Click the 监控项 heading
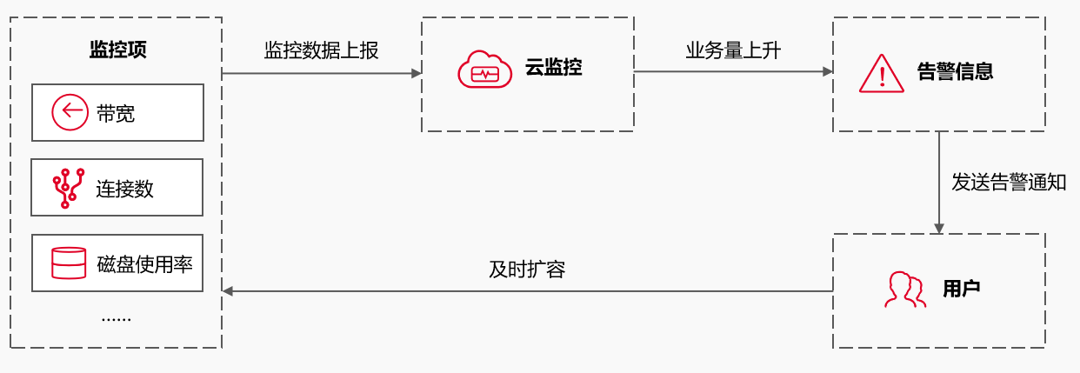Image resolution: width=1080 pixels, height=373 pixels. tap(117, 50)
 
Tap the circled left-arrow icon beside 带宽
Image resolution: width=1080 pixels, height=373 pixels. tap(70, 112)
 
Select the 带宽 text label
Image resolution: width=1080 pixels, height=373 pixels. tap(116, 113)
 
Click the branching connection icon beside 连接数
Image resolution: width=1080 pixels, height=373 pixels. tap(69, 188)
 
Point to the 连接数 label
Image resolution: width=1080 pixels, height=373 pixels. tap(124, 189)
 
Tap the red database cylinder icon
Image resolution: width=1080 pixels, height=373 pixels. tap(69, 263)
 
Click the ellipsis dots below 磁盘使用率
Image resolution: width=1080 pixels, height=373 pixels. tap(116, 319)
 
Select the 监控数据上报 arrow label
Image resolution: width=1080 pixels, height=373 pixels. tap(321, 50)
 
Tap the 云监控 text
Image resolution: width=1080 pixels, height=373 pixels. tap(553, 68)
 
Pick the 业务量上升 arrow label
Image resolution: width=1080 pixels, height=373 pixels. tap(733, 50)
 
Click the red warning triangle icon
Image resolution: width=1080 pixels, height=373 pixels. tap(882, 73)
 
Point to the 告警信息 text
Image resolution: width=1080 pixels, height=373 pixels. tap(955, 71)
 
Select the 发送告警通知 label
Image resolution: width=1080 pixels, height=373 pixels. tap(1009, 183)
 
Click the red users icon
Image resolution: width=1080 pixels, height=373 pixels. tap(904, 290)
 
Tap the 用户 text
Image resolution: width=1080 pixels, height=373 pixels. tap(961, 289)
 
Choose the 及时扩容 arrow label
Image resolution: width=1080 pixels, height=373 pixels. tap(527, 270)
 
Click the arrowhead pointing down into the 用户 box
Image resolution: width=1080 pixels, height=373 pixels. tap(938, 228)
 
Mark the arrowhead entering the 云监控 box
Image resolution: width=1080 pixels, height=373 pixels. tap(416, 73)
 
